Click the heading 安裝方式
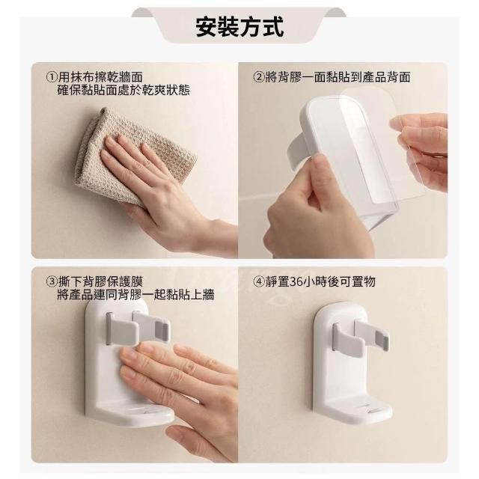tap(239, 27)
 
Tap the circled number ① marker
tap(52, 76)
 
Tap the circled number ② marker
tap(259, 77)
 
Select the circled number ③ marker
tap(52, 281)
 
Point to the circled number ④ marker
tap(259, 281)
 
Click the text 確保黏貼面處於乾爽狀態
tap(123, 90)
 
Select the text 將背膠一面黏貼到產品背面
tap(338, 77)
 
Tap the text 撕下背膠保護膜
tap(100, 281)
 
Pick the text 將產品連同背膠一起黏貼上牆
tap(135, 295)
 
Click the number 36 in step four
tap(296, 281)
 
